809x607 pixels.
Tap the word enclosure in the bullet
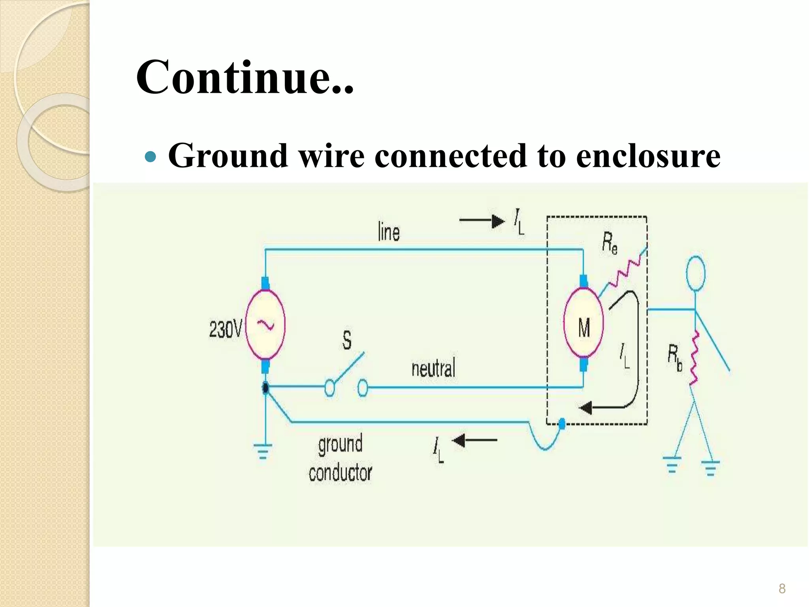(648, 156)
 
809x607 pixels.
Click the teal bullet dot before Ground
(151, 157)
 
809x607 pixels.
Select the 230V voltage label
(225, 329)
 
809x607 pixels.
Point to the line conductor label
(389, 232)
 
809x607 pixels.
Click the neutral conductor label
(433, 368)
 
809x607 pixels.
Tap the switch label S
(346, 340)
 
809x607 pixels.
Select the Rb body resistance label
(675, 358)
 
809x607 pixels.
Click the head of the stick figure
(696, 273)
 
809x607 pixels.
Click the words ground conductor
(340, 458)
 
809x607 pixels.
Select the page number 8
(782, 589)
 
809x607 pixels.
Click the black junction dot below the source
(265, 388)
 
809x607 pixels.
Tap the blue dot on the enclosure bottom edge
(562, 424)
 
